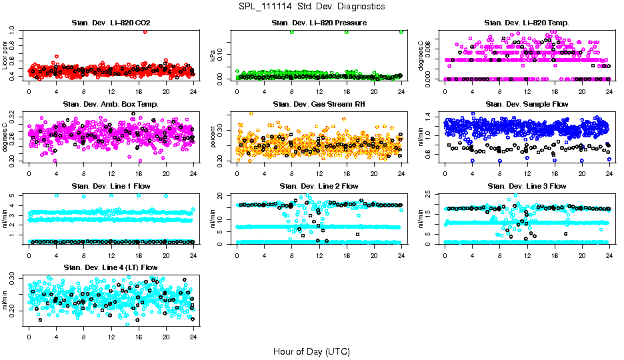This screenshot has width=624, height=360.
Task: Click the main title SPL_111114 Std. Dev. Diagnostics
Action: point(311,6)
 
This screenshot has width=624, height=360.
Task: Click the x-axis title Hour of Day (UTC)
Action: point(311,351)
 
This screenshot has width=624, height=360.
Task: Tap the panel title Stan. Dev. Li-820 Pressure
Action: point(319,23)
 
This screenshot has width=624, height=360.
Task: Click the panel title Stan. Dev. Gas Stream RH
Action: point(319,105)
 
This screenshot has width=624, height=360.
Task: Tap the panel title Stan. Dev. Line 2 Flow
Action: point(319,186)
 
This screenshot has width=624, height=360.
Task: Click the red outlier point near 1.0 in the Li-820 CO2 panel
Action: point(145,32)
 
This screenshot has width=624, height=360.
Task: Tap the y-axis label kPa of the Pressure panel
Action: point(213,57)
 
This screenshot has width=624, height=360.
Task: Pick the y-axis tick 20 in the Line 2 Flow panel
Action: point(224,195)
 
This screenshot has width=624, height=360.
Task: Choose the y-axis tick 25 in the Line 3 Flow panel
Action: point(431,195)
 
